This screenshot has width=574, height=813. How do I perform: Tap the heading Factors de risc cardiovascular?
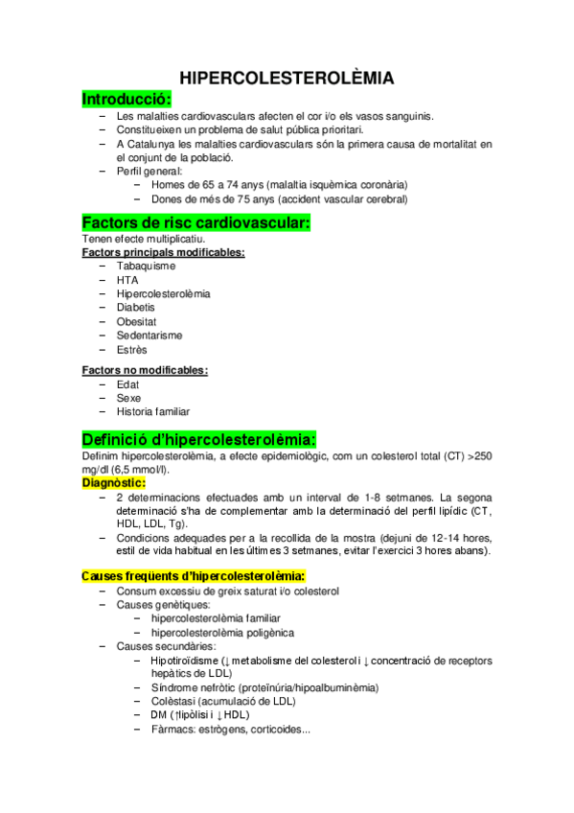(x=196, y=223)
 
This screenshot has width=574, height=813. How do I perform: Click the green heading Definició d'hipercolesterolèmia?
(x=199, y=439)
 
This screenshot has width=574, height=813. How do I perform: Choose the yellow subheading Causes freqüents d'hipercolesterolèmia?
(x=194, y=576)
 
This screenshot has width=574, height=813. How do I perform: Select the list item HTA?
(x=126, y=280)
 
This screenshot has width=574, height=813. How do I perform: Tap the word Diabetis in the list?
(x=135, y=308)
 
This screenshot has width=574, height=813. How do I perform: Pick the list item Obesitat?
(x=136, y=321)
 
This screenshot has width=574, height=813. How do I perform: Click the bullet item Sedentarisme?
(x=149, y=336)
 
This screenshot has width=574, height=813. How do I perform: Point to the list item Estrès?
(x=132, y=350)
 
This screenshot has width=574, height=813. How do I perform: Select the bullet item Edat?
(x=128, y=383)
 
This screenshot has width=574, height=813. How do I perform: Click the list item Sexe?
(x=128, y=397)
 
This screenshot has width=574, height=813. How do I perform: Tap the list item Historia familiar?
(x=153, y=411)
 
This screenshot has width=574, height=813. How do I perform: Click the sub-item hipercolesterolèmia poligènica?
(x=222, y=633)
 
